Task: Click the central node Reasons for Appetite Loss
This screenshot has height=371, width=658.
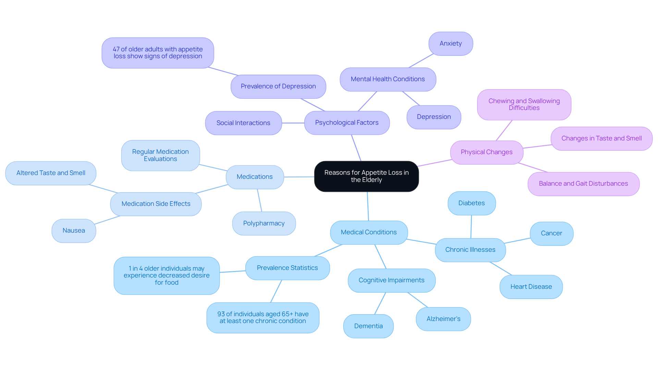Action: pyautogui.click(x=366, y=176)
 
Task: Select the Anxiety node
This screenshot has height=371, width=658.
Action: pyautogui.click(x=451, y=44)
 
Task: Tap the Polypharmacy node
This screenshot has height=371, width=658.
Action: pyautogui.click(x=264, y=223)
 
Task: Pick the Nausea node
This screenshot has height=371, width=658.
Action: pyautogui.click(x=74, y=231)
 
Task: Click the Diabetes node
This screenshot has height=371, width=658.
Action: pyautogui.click(x=472, y=203)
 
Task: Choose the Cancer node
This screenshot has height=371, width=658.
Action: pyautogui.click(x=551, y=233)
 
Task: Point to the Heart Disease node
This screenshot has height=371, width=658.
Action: pyautogui.click(x=531, y=287)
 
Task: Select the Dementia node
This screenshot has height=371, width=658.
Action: pyautogui.click(x=368, y=326)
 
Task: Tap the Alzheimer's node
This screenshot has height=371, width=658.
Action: pyautogui.click(x=443, y=319)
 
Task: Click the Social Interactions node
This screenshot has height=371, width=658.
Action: pyautogui.click(x=243, y=123)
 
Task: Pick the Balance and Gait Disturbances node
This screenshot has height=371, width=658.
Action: pyautogui.click(x=583, y=184)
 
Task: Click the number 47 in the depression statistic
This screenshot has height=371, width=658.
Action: pyautogui.click(x=116, y=49)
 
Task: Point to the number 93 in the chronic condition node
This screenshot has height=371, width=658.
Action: pyautogui.click(x=221, y=314)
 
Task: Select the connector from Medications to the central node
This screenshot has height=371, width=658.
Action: pyautogui.click(x=299, y=177)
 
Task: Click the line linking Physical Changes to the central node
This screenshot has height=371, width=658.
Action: pyautogui.click(x=435, y=163)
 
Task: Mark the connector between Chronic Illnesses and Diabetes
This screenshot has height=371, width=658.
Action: pyautogui.click(x=471, y=227)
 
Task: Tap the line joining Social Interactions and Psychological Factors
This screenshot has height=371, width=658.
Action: pyautogui.click(x=293, y=123)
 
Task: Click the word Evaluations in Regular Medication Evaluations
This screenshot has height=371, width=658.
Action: pyautogui.click(x=160, y=159)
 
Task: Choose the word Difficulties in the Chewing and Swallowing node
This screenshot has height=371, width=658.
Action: pyautogui.click(x=524, y=108)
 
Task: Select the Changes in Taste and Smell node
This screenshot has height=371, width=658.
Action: pyautogui.click(x=601, y=138)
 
